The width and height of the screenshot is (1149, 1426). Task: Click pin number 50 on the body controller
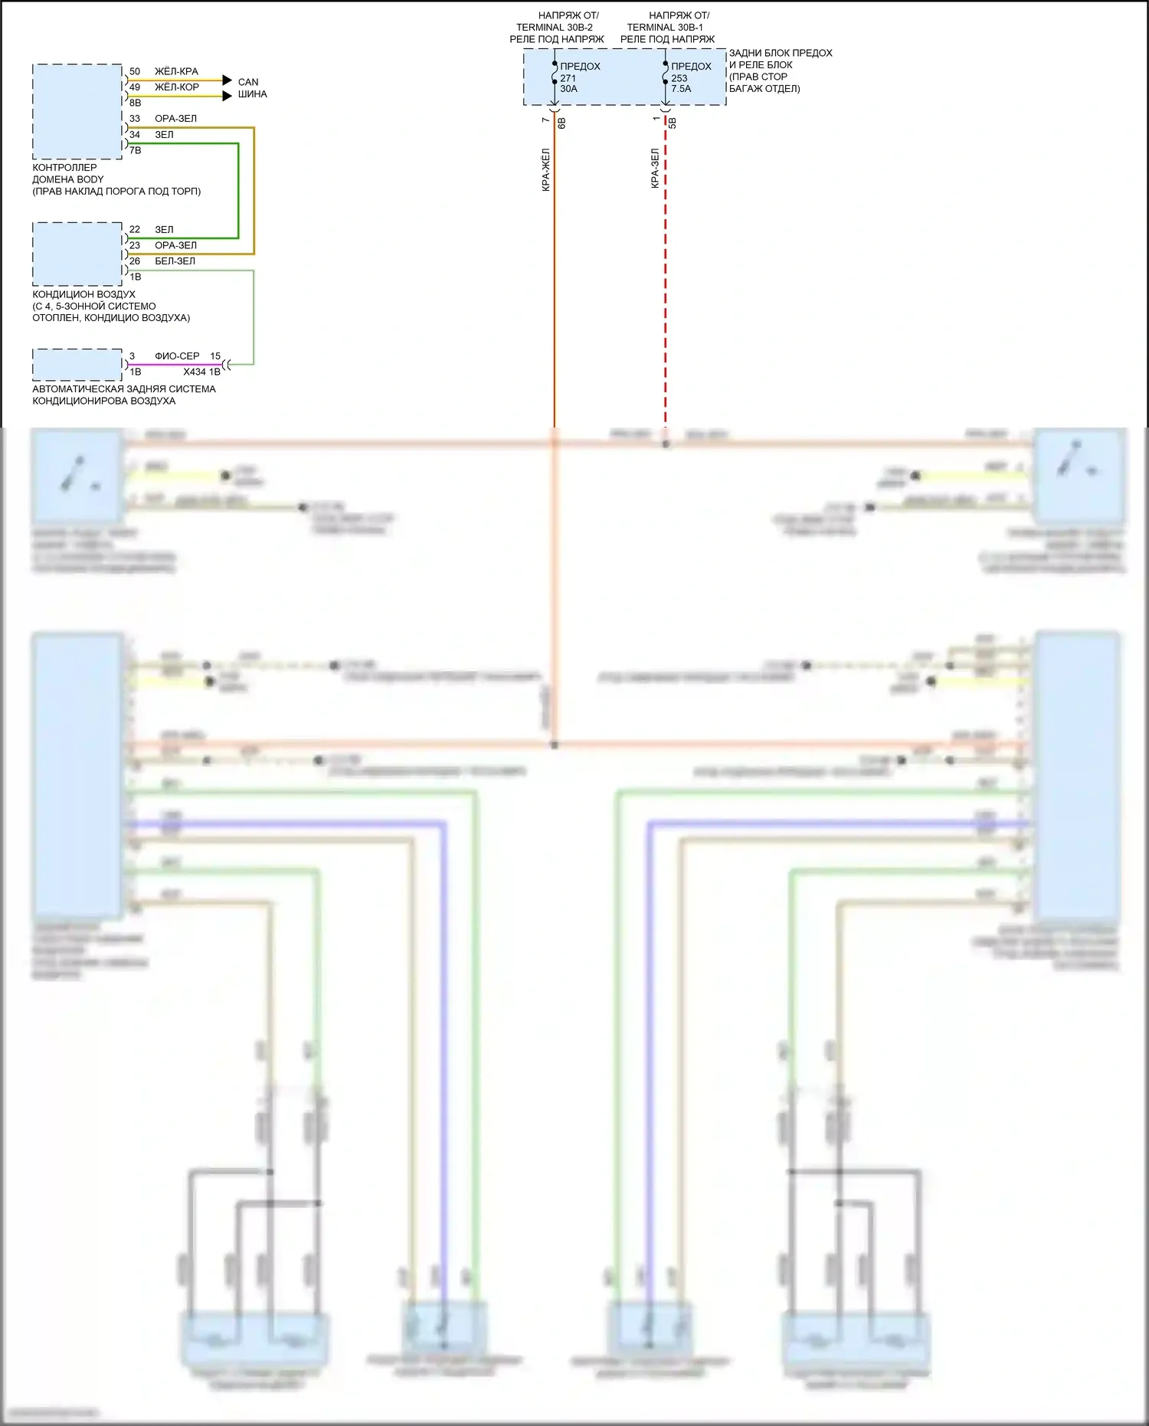[135, 71]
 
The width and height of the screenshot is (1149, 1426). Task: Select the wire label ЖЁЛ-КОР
[177, 87]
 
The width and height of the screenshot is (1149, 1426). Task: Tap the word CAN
[248, 82]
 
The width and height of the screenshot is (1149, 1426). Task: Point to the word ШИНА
[252, 94]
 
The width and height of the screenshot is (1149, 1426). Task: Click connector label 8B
[136, 103]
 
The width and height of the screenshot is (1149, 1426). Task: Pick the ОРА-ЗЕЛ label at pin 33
[175, 119]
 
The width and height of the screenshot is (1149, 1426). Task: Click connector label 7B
[136, 150]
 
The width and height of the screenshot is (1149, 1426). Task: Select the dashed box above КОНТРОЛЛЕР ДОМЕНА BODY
[77, 112]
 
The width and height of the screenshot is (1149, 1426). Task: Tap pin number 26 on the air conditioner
[135, 261]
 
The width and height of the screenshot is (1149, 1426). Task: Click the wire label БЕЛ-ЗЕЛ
[175, 261]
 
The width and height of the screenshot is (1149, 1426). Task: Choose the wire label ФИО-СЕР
[177, 356]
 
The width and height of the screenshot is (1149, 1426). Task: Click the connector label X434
[195, 372]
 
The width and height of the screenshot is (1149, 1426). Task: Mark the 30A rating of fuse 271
[568, 89]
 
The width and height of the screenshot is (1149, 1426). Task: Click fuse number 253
[679, 78]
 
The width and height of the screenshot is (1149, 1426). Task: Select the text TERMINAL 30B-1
[665, 28]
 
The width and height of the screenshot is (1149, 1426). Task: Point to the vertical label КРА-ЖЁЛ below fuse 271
[546, 169]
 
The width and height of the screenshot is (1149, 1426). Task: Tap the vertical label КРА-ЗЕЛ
[655, 168]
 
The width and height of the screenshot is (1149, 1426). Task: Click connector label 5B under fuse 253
[673, 122]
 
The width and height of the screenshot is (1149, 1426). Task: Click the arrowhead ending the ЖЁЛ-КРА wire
[227, 80]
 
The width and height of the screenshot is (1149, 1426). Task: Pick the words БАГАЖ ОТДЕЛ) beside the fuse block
[764, 89]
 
